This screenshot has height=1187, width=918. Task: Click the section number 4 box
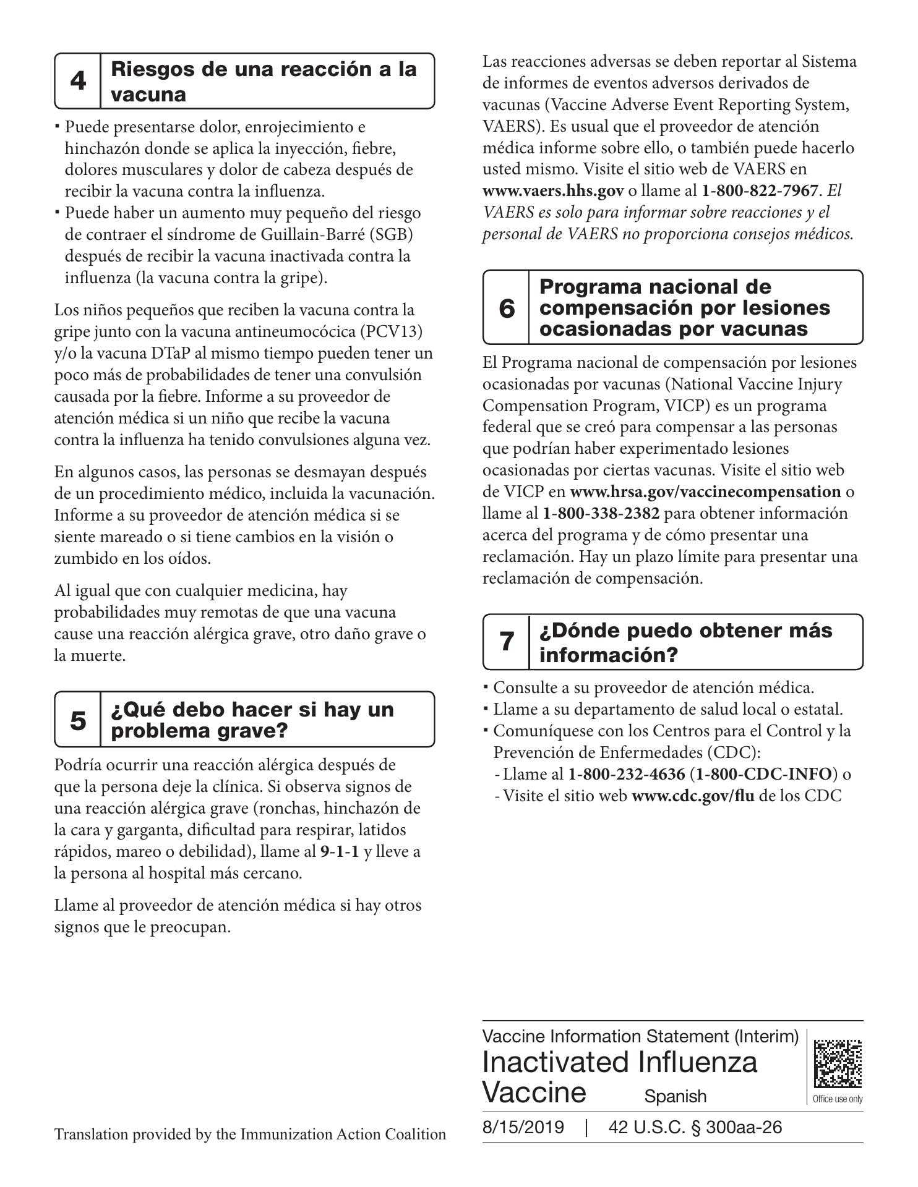click(x=78, y=81)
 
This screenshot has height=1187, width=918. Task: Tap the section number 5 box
click(x=78, y=720)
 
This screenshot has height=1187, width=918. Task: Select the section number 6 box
click(x=506, y=307)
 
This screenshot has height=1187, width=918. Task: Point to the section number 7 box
click(x=506, y=642)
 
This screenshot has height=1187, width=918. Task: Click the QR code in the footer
click(x=838, y=1063)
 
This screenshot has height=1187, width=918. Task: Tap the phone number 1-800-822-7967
click(x=760, y=191)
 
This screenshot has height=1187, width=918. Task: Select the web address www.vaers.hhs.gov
click(x=553, y=191)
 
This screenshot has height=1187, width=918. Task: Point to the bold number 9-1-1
click(x=340, y=852)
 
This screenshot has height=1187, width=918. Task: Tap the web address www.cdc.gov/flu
click(x=693, y=796)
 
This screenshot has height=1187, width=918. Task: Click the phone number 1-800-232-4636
click(x=626, y=774)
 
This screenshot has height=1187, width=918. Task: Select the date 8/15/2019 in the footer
click(x=523, y=1128)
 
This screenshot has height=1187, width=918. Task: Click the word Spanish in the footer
click(x=675, y=1097)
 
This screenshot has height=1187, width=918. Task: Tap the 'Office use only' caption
click(x=838, y=1099)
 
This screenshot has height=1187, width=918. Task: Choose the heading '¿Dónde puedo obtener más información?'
click(x=685, y=642)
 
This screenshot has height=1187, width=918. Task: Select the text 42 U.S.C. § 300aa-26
click(x=695, y=1128)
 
